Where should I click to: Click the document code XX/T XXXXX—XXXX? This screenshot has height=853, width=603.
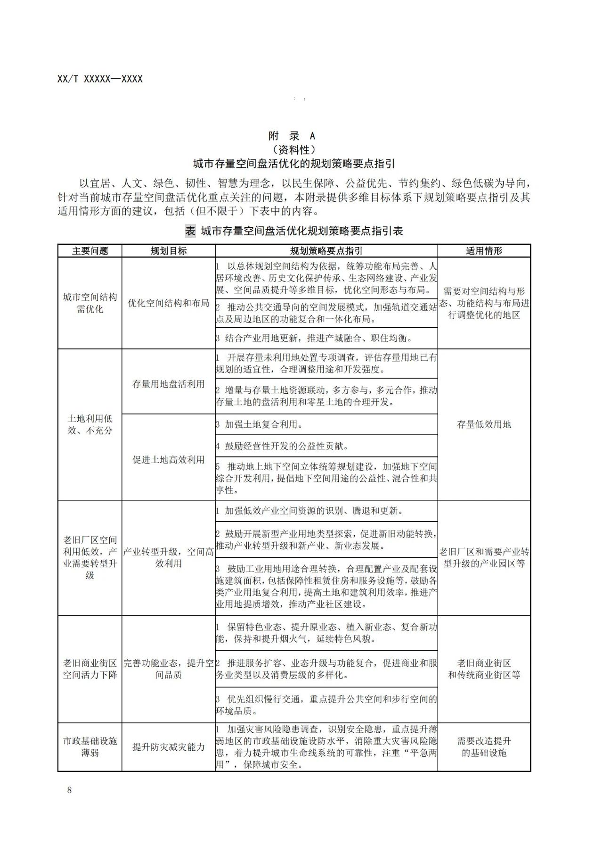coord(100,79)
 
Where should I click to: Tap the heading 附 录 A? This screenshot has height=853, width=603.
coord(292,136)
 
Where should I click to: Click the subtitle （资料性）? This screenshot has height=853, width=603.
coord(294,149)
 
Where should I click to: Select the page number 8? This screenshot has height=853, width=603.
coord(70,790)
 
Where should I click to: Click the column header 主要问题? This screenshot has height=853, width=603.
coord(90,251)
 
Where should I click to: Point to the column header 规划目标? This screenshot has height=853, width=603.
coord(168,251)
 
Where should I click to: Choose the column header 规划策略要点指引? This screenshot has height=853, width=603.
coord(326,251)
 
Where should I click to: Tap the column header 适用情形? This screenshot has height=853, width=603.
coord(484,251)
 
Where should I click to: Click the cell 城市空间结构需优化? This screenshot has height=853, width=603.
coord(90,303)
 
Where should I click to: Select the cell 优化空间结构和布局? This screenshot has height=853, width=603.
coord(168,303)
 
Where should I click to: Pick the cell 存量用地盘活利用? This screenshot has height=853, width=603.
coord(168,384)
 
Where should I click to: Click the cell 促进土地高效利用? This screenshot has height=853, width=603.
coord(168,459)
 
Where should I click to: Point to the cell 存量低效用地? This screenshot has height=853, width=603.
coord(484,424)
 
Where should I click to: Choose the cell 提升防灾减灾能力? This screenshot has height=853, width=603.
coord(168,747)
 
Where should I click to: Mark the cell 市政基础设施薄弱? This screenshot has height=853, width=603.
coord(90,747)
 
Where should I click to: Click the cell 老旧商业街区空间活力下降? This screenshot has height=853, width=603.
coord(90,669)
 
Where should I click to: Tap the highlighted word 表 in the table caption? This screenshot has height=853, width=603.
coord(190,231)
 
